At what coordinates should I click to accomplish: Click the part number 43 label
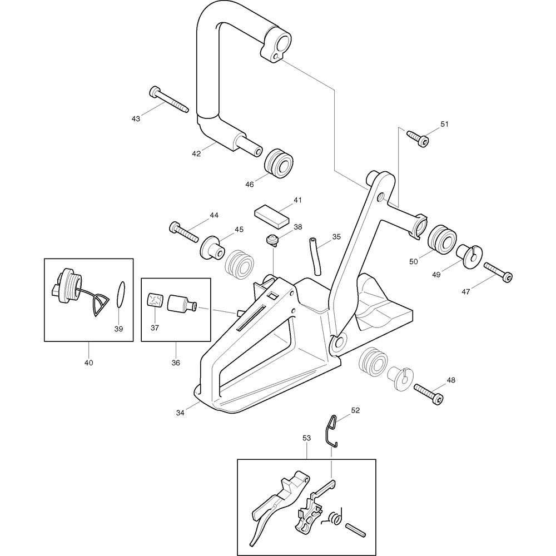click(x=136, y=118)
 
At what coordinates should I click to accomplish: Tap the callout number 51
click(x=444, y=124)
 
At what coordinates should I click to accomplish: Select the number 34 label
click(x=180, y=412)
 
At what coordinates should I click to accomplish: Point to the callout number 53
click(x=306, y=438)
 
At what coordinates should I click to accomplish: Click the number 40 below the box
click(x=88, y=363)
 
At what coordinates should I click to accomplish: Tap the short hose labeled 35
click(x=315, y=255)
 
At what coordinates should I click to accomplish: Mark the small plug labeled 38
click(x=272, y=240)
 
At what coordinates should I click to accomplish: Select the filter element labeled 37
click(x=155, y=301)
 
